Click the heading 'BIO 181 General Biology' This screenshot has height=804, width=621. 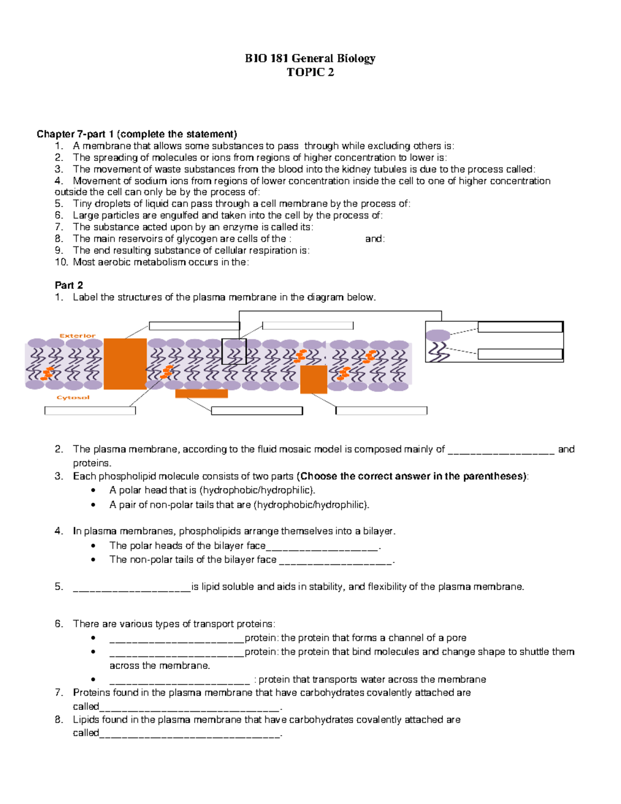310,58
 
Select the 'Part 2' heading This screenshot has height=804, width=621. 69,285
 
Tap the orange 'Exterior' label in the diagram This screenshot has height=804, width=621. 78,335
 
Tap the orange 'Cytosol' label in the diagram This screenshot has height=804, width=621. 73,398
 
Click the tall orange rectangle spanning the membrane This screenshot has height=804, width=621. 125,363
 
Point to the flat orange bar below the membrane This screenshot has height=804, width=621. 201,394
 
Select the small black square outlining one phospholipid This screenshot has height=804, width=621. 234,352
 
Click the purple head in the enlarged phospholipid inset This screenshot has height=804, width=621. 438,335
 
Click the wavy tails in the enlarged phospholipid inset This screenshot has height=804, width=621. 438,352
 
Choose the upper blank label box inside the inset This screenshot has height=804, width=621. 520,327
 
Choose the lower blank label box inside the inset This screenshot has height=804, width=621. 520,354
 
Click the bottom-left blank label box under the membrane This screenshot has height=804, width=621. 90,411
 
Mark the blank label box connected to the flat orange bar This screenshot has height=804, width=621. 257,411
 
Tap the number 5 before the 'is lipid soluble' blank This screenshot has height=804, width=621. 58,587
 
